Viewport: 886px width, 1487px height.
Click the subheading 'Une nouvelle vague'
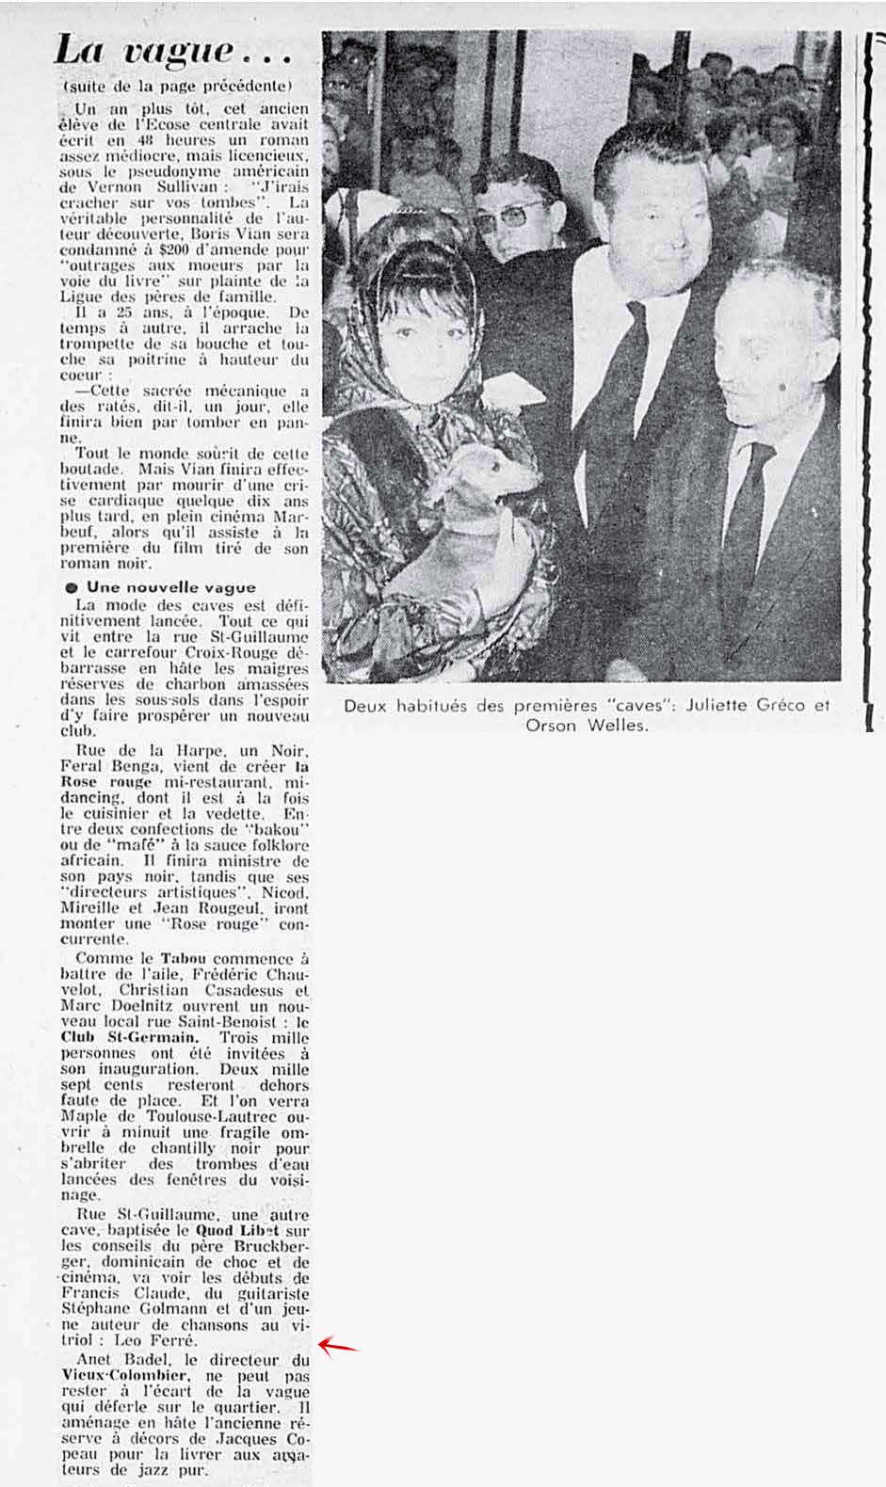click(170, 586)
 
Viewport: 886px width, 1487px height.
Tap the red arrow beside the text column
click(337, 1346)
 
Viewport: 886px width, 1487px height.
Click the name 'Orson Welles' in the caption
click(587, 726)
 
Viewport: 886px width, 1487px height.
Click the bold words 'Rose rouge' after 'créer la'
click(106, 781)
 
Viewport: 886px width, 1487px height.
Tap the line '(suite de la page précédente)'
click(178, 86)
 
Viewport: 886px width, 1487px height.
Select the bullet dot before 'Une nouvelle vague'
click(71, 587)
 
